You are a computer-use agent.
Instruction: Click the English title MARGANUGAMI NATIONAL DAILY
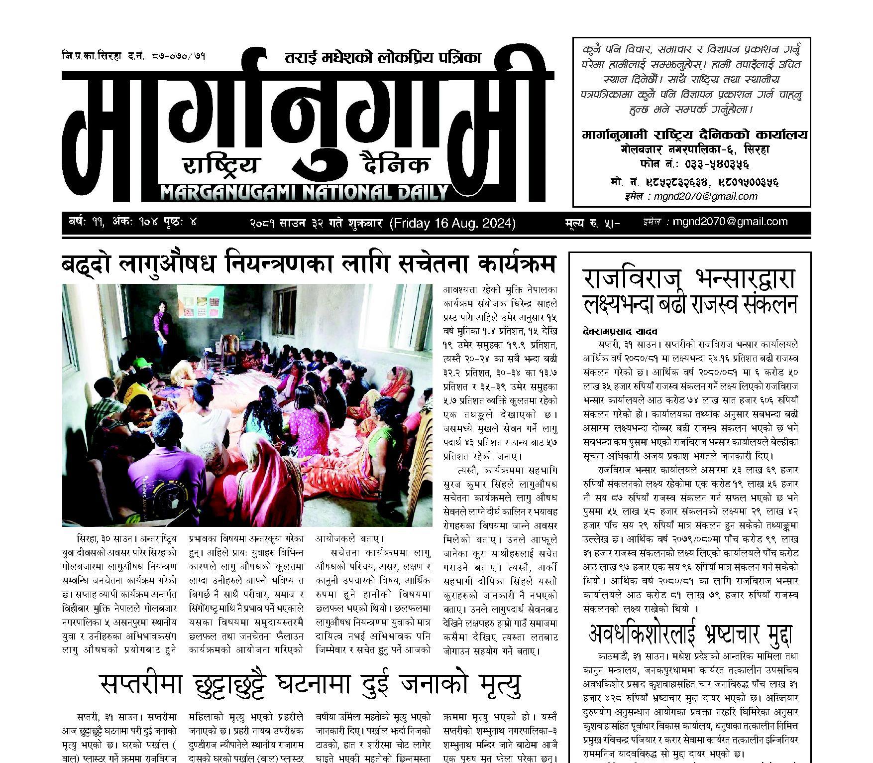coord(304,192)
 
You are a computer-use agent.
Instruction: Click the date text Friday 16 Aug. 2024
coord(453,224)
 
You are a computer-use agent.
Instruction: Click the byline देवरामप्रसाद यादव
coord(613,331)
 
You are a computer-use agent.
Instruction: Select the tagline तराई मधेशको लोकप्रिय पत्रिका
coord(383,58)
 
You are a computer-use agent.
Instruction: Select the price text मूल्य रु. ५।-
coord(592,224)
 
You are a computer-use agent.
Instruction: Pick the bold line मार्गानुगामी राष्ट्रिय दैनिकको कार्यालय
coord(694,135)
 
